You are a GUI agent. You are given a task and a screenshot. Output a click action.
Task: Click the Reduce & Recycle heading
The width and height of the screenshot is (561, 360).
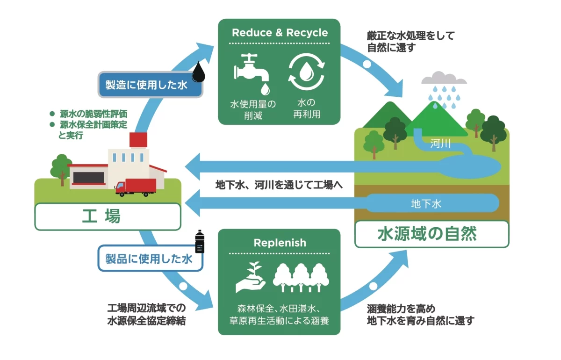pyautogui.click(x=280, y=33)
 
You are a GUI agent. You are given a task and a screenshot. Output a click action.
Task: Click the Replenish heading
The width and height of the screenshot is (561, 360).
pyautogui.click(x=280, y=243)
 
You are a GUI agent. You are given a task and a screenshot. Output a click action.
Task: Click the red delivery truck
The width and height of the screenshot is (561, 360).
pyautogui.click(x=135, y=187)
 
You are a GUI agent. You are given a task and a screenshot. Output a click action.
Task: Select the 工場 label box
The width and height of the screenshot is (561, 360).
pyautogui.click(x=108, y=216)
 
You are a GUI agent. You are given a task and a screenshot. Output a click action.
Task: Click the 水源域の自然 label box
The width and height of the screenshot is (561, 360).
pyautogui.click(x=431, y=233)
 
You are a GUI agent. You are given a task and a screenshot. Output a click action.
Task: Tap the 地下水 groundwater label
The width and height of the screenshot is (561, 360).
pyautogui.click(x=426, y=204)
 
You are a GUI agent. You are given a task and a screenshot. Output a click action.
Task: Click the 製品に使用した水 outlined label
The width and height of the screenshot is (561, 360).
pyautogui.click(x=150, y=259)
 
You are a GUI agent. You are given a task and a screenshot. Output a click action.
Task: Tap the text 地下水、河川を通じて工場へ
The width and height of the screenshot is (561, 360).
pyautogui.click(x=279, y=185)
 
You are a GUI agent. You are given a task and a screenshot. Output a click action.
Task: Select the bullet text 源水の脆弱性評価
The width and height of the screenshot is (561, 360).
pyautogui.click(x=93, y=114)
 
